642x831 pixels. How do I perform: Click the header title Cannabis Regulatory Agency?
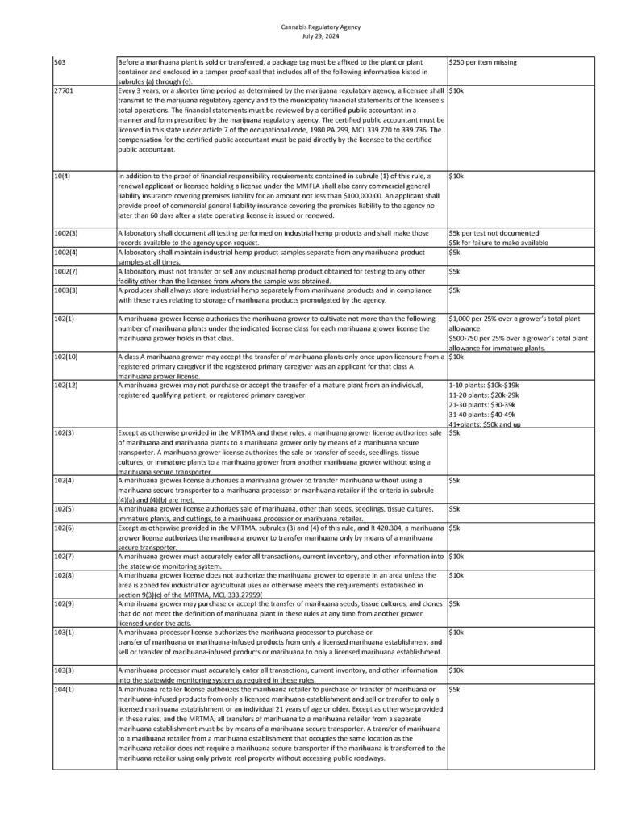321,27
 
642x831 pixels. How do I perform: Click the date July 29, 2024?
321,35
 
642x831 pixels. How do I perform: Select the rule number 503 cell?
59,62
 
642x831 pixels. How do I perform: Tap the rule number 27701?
64,92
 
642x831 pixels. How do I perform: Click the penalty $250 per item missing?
483,62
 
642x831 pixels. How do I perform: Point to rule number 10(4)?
63,176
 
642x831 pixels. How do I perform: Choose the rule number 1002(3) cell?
65,233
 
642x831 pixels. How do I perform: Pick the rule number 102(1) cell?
64,319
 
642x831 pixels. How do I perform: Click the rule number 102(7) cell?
64,557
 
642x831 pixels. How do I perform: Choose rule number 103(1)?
64,633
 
